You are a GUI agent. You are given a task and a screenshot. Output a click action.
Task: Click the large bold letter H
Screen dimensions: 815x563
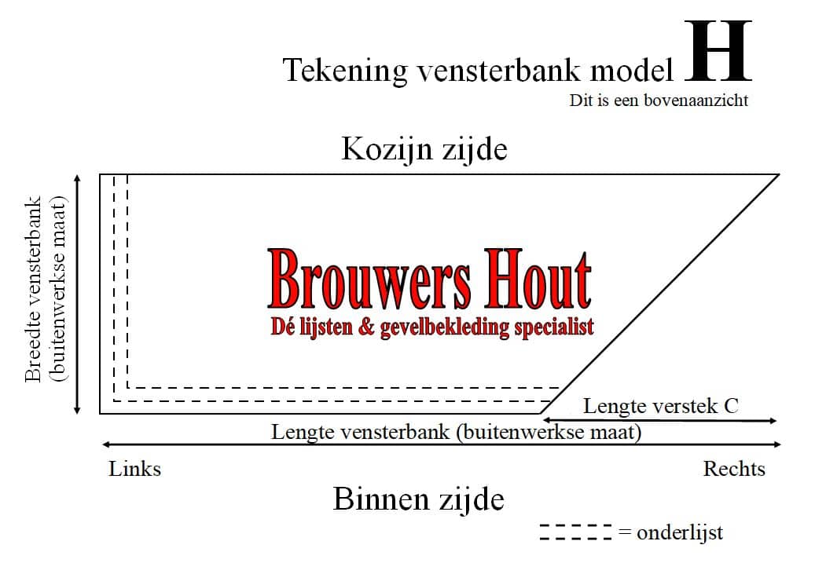point(718,51)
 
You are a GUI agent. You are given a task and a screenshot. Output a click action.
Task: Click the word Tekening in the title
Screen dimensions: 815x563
point(345,70)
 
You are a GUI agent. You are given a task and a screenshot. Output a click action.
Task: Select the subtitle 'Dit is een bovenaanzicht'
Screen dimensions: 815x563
point(659,101)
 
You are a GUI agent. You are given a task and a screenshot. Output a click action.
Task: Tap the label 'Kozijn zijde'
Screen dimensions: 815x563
point(424,149)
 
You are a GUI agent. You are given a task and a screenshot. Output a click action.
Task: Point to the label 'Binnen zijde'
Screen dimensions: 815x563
point(418,499)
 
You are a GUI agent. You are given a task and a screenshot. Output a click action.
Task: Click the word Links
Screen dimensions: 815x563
point(134,469)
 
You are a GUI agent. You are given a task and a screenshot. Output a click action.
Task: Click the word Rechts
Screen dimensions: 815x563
point(734,469)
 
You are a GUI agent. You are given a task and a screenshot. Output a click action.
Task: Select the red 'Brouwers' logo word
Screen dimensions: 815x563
point(369,279)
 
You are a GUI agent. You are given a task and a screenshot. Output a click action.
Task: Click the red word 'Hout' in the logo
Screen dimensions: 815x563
point(538,279)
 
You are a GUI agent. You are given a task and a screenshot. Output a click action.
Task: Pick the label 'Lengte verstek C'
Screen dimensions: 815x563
point(661,406)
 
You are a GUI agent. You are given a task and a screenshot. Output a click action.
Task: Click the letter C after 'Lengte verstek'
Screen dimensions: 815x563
point(732,406)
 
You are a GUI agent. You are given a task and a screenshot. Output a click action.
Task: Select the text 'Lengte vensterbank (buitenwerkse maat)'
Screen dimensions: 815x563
point(456,432)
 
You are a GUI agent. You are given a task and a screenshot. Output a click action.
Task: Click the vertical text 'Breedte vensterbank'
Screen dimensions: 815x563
point(33,289)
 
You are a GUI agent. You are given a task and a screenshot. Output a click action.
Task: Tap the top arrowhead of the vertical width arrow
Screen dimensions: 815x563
point(78,178)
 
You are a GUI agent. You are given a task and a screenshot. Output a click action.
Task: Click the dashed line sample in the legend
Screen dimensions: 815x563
point(576,532)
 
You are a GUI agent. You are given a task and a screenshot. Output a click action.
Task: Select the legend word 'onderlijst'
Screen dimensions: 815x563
point(680,532)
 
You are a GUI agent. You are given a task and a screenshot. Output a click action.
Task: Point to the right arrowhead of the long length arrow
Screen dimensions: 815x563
point(776,444)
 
